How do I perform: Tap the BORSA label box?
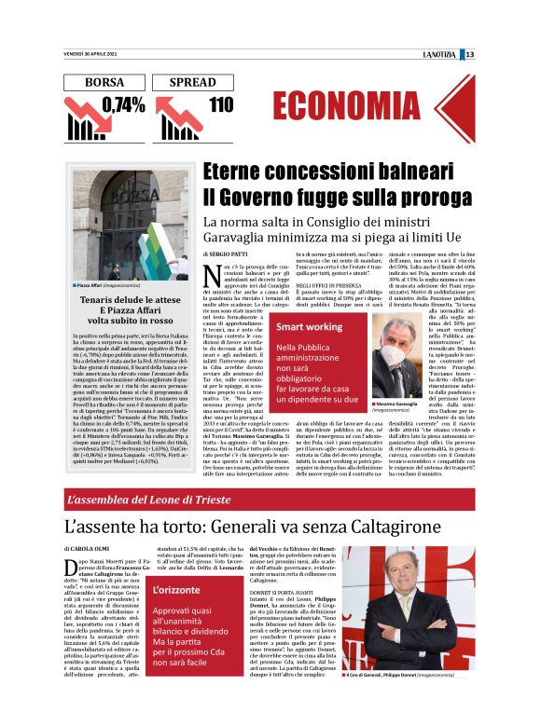pos(104,83)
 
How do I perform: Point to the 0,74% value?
pos(123,105)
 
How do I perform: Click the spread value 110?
pos(221,105)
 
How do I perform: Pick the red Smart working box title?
pos(310,327)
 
